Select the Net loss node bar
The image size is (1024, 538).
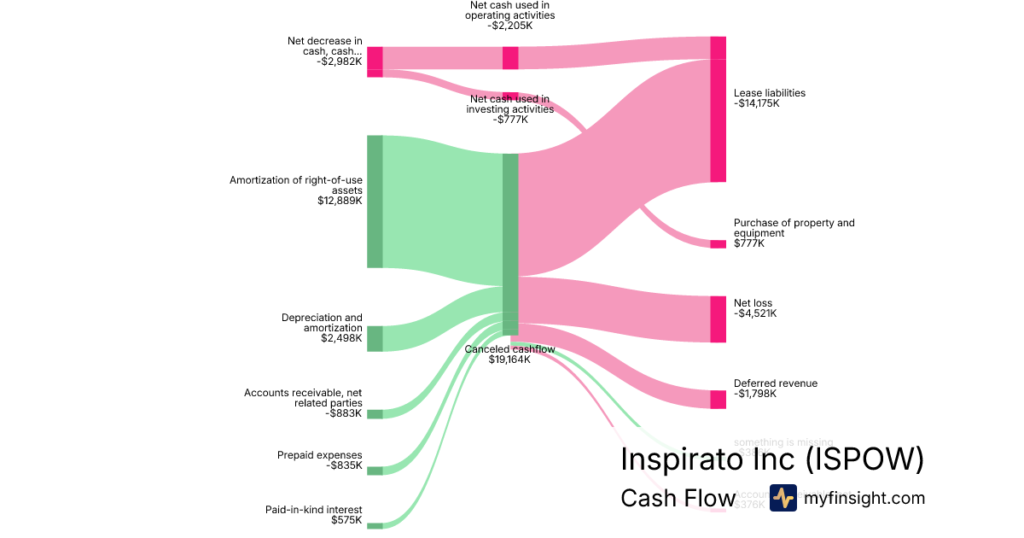(x=718, y=319)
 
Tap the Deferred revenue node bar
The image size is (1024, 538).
(x=718, y=400)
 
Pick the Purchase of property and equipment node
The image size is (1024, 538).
(x=718, y=244)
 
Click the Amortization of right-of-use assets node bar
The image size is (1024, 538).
(x=375, y=202)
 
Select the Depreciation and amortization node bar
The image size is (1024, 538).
(x=375, y=338)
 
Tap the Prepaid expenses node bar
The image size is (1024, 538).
(x=375, y=471)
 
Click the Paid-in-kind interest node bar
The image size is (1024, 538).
(x=375, y=526)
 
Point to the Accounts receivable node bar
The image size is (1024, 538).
(x=375, y=414)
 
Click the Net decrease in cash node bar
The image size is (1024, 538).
(x=375, y=61)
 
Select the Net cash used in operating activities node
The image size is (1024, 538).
(x=510, y=58)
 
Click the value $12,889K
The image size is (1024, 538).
(x=340, y=202)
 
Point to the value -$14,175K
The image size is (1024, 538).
(x=757, y=104)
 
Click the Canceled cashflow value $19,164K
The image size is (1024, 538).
(x=509, y=360)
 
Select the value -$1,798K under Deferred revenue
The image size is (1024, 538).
(x=755, y=395)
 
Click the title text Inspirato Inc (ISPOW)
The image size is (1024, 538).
(x=772, y=459)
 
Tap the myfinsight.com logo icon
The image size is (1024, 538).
(x=783, y=498)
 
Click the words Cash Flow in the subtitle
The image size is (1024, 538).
(x=678, y=499)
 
